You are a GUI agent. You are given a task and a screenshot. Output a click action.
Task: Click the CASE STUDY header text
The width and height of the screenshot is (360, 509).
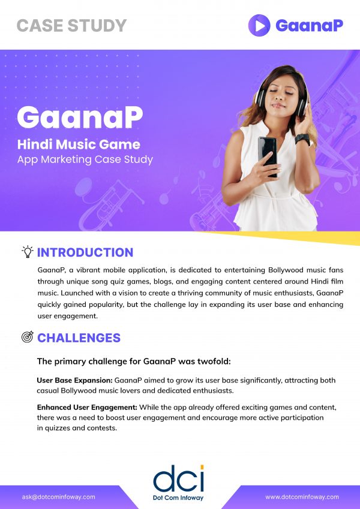[x=71, y=25]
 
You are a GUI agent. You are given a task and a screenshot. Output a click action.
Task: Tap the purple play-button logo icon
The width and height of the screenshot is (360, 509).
[x=259, y=25]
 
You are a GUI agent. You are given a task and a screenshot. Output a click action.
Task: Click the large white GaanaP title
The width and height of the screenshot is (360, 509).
[x=80, y=117]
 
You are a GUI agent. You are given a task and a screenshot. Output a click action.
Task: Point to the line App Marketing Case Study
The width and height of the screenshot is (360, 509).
[x=85, y=159]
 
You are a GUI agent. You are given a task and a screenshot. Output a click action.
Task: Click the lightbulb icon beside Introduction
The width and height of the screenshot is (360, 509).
[x=27, y=252]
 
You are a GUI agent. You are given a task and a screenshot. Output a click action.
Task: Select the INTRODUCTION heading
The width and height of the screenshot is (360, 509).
[x=85, y=252]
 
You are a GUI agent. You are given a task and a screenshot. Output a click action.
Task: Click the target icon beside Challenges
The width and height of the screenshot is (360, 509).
[x=27, y=338]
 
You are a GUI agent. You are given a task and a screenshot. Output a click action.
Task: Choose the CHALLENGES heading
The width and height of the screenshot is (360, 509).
[x=79, y=338]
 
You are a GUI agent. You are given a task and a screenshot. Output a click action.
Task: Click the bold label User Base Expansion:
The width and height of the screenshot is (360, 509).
[x=74, y=381]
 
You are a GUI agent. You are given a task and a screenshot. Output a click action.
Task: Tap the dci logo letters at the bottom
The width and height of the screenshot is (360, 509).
[x=178, y=478]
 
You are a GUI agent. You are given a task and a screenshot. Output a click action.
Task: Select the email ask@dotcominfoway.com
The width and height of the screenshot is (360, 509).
[x=59, y=497]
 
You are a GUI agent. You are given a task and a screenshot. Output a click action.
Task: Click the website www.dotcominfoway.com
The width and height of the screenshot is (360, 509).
[x=302, y=497]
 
